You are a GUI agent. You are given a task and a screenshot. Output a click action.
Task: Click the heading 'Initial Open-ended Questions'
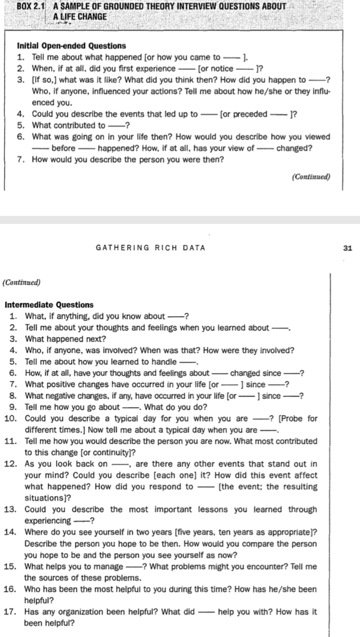click(71, 46)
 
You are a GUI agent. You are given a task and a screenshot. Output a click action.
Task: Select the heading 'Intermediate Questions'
click(49, 305)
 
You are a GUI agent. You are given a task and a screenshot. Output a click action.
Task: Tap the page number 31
click(347, 248)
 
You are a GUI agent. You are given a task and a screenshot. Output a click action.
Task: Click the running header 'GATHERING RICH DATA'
click(150, 248)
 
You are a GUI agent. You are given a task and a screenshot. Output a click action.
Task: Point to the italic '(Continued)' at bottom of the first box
click(311, 177)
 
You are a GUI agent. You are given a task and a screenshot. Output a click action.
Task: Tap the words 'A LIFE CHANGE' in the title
click(79, 17)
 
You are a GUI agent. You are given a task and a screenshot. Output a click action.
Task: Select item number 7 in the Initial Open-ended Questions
click(21, 160)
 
